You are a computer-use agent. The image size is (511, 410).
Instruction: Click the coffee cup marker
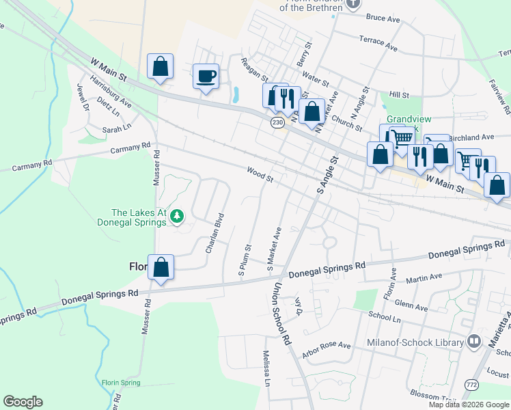[205, 76]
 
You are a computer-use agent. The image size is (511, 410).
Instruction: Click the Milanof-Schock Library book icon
[474, 342]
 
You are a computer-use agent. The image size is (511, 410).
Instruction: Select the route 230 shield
[277, 122]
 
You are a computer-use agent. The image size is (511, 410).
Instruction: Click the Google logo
[23, 402]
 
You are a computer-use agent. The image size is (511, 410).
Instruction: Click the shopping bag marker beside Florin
[161, 267]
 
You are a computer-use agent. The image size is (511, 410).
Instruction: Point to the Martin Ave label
[424, 278]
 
